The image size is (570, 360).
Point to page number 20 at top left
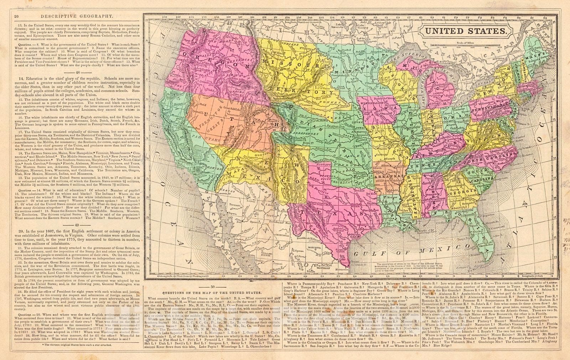point(16,16)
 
